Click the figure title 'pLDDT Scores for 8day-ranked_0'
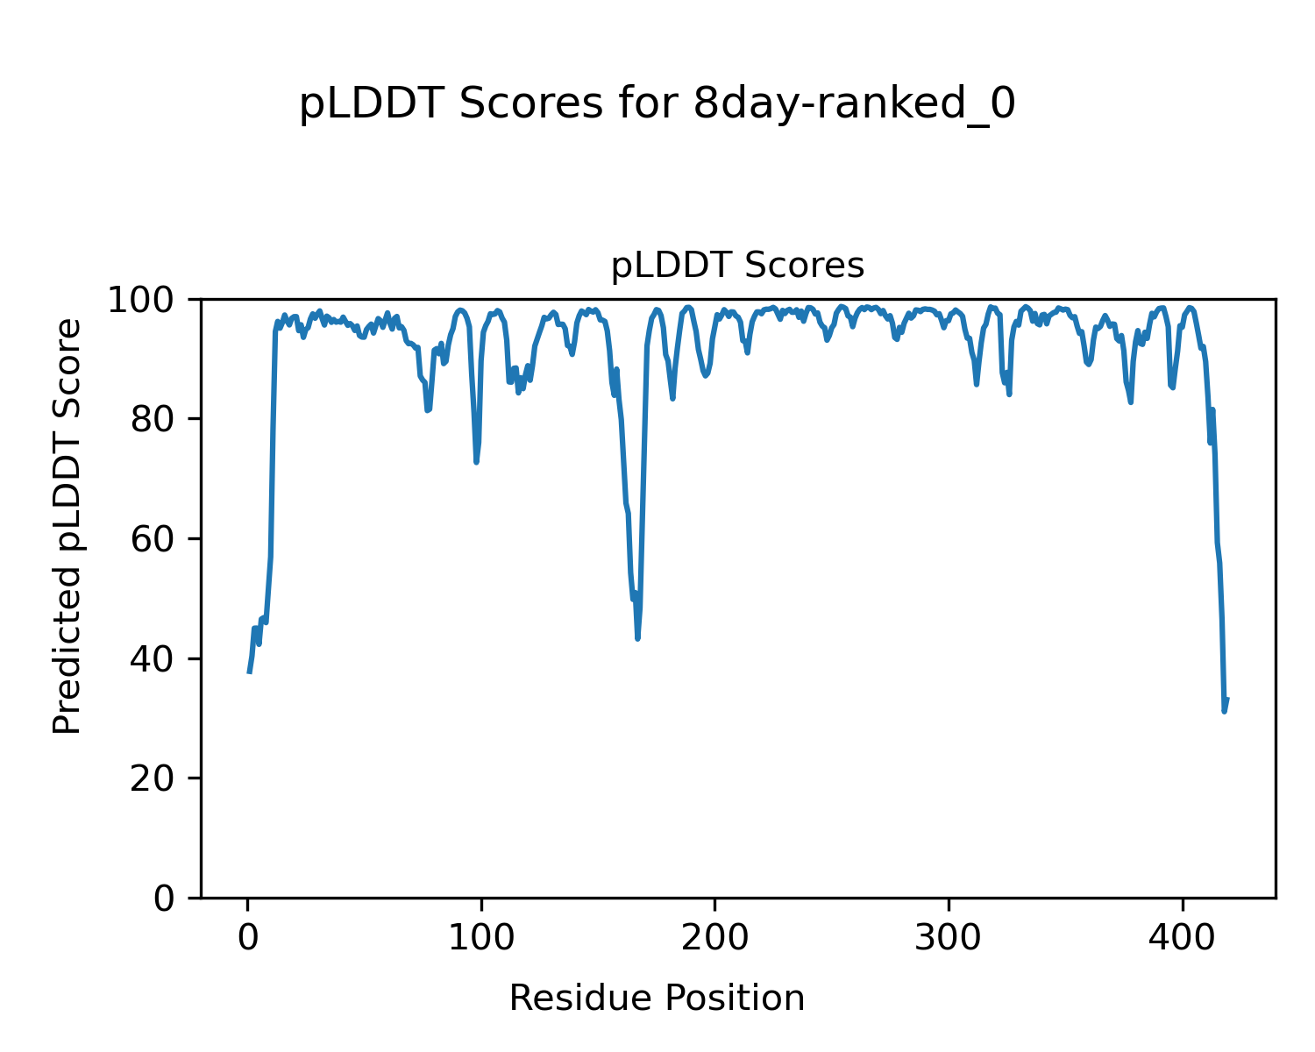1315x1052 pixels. coord(657,104)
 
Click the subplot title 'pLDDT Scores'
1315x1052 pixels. coord(737,266)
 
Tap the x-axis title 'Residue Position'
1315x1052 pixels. coord(657,998)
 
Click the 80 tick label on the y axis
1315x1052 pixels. coord(154,420)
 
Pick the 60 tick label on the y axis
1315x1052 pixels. coord(154,539)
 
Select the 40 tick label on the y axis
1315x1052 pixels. coord(154,659)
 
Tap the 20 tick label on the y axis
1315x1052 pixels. coord(154,778)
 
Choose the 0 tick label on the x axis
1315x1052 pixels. coord(248,937)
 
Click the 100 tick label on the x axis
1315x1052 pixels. coord(481,937)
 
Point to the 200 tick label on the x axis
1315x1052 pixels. coord(714,937)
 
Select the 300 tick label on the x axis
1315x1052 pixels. coord(949,937)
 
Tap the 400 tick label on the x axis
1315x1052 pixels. coord(1182,937)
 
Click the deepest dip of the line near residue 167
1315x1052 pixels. coord(637,638)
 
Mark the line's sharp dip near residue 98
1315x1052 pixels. coord(476,462)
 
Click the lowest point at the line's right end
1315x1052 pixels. coord(1224,711)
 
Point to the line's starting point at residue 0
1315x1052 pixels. coord(249,672)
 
